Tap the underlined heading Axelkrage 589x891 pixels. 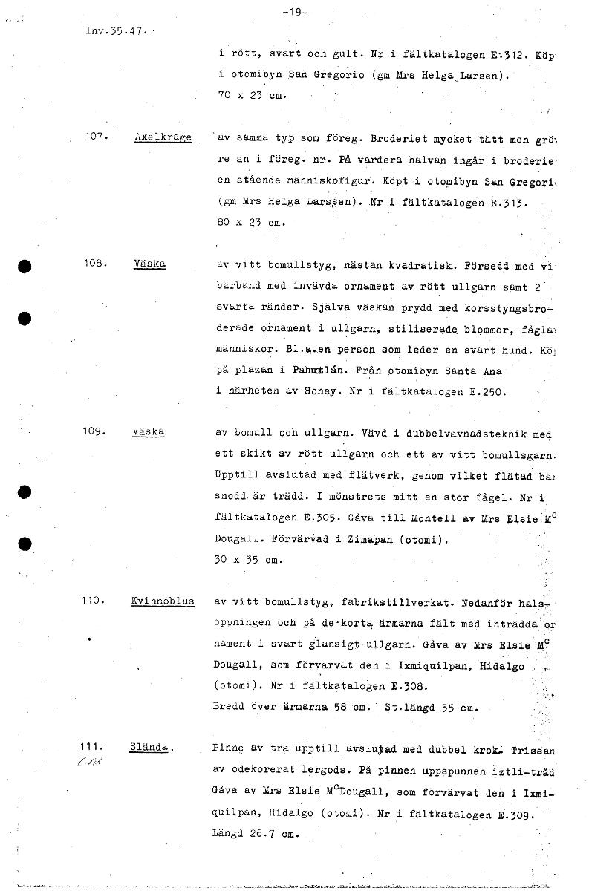pyautogui.click(x=163, y=137)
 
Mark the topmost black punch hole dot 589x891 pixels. pyautogui.click(x=25, y=269)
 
